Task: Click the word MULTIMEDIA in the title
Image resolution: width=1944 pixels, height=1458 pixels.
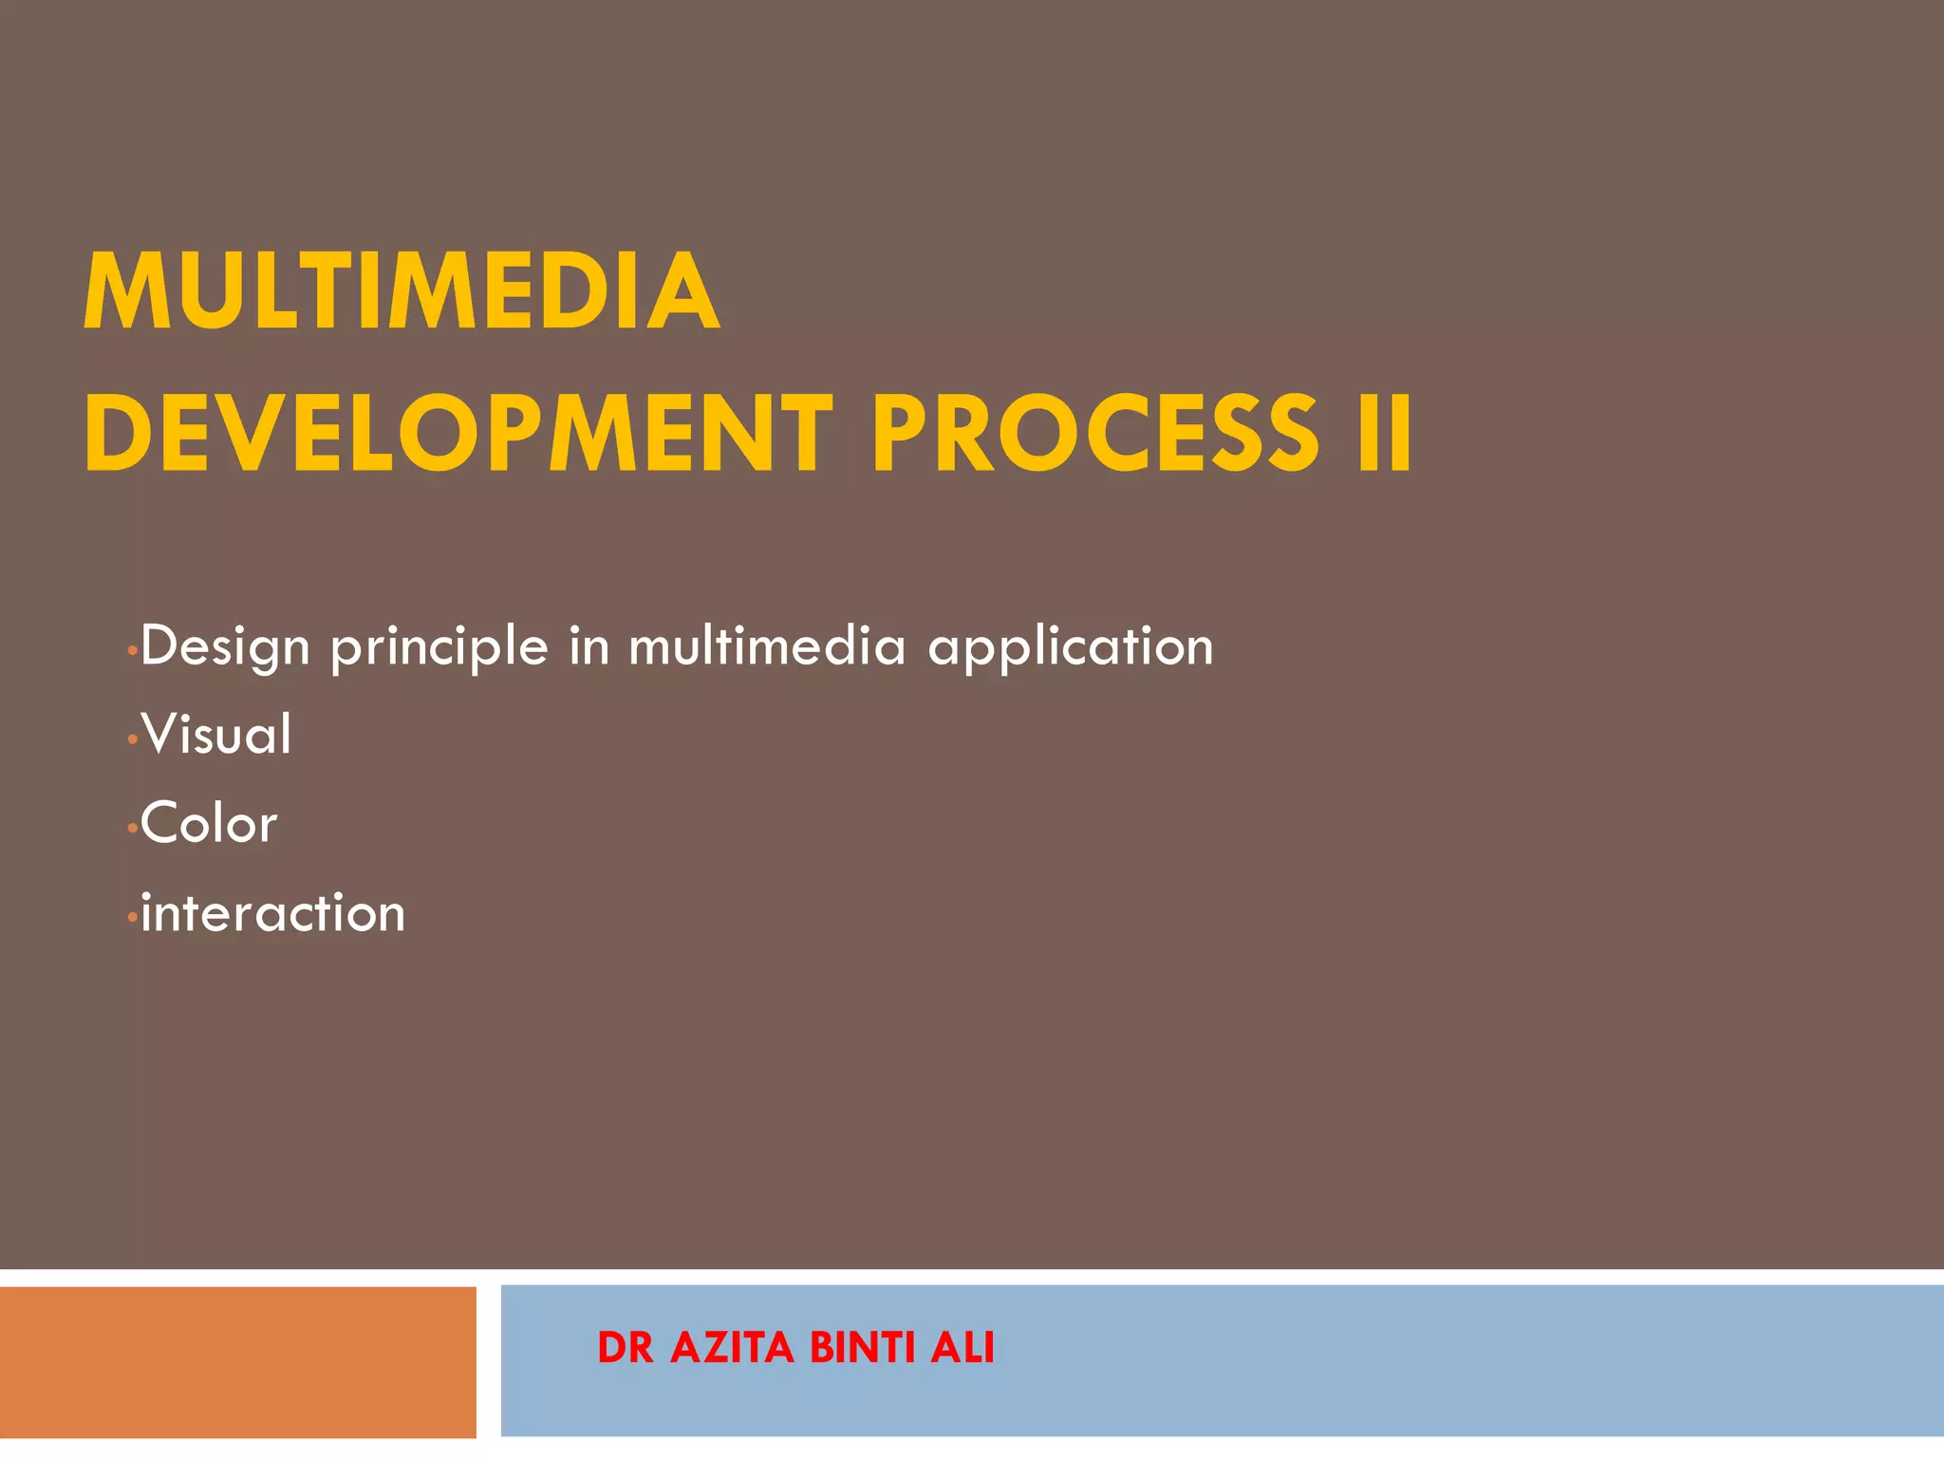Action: coord(401,291)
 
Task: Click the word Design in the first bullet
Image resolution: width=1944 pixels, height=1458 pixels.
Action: coord(225,647)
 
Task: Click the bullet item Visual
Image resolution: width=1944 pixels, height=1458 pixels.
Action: coord(216,735)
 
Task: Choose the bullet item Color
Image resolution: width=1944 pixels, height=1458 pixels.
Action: coord(209,823)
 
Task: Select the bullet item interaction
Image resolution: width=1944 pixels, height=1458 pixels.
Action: coord(273,913)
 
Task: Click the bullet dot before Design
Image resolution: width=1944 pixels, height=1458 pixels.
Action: coord(132,651)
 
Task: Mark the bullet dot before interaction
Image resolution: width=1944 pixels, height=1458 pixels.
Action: coord(132,918)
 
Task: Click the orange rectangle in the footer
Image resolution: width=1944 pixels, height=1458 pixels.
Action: coord(237,1361)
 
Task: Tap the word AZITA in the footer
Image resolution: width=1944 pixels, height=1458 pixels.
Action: coord(731,1348)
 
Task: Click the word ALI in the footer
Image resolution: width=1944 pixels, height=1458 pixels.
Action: coord(962,1348)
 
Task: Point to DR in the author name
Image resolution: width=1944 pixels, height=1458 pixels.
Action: coord(626,1348)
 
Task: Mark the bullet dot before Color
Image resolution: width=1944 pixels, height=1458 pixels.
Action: coord(132,829)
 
